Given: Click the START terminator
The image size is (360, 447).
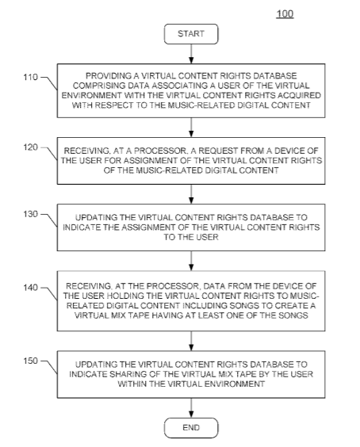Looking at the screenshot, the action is [x=191, y=34].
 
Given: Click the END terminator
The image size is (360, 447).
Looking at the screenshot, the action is [x=191, y=428].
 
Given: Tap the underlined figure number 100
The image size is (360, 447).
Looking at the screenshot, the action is [x=285, y=13].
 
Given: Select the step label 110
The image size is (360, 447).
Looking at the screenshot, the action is [x=30, y=77].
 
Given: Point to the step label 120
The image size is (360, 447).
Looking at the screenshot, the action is [x=30, y=147].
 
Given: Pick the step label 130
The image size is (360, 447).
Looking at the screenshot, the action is [x=30, y=214].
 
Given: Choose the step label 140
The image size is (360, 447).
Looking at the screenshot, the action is [x=30, y=288].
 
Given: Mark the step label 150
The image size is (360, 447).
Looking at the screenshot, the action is [x=30, y=361].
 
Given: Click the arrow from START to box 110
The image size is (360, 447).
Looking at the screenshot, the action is [x=191, y=54].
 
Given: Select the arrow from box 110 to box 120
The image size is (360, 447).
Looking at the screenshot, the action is [x=191, y=128].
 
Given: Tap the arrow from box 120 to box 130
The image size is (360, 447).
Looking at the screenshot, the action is [x=191, y=194].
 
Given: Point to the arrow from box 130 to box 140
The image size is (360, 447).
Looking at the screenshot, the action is [x=191, y=261].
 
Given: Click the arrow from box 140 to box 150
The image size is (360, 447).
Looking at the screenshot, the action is [x=191, y=341].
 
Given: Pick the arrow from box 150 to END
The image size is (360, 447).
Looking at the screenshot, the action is [x=191, y=408].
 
